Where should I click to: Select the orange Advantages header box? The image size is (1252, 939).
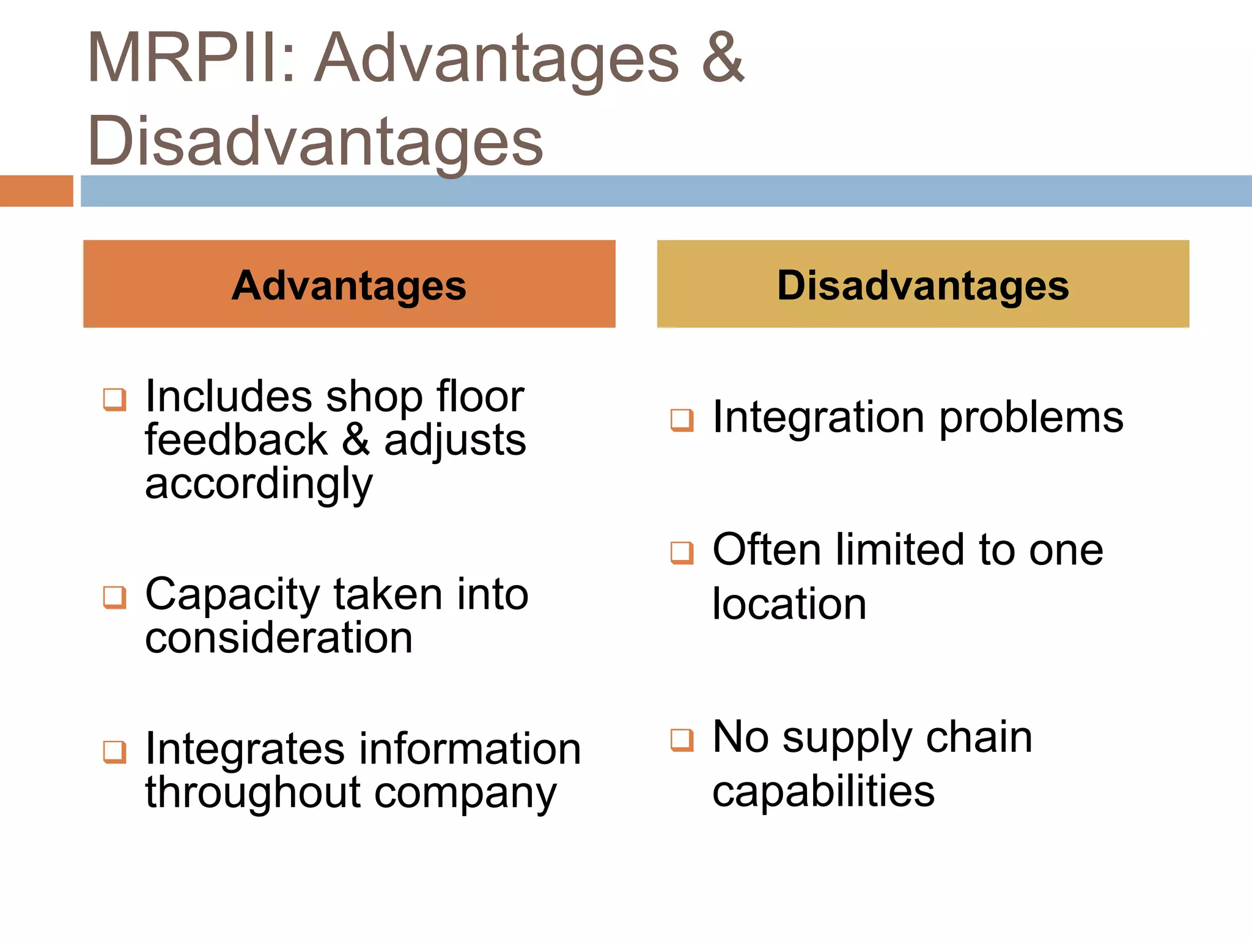349,284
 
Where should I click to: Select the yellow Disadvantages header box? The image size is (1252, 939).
922,284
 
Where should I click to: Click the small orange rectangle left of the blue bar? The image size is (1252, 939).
36,191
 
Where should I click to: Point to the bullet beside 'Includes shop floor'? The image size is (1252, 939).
115,400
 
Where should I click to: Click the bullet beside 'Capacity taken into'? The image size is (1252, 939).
115,597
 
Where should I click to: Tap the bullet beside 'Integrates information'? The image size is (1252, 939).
115,752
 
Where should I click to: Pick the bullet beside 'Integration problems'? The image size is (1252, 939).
682,420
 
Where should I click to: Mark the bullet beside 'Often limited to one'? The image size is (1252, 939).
682,553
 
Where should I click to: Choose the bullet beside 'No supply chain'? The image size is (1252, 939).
682,740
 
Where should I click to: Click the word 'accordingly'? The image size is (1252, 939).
259,485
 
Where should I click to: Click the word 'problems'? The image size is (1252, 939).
1031,419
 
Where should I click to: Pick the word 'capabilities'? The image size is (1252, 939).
823,792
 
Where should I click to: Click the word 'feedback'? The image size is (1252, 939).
237,440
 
